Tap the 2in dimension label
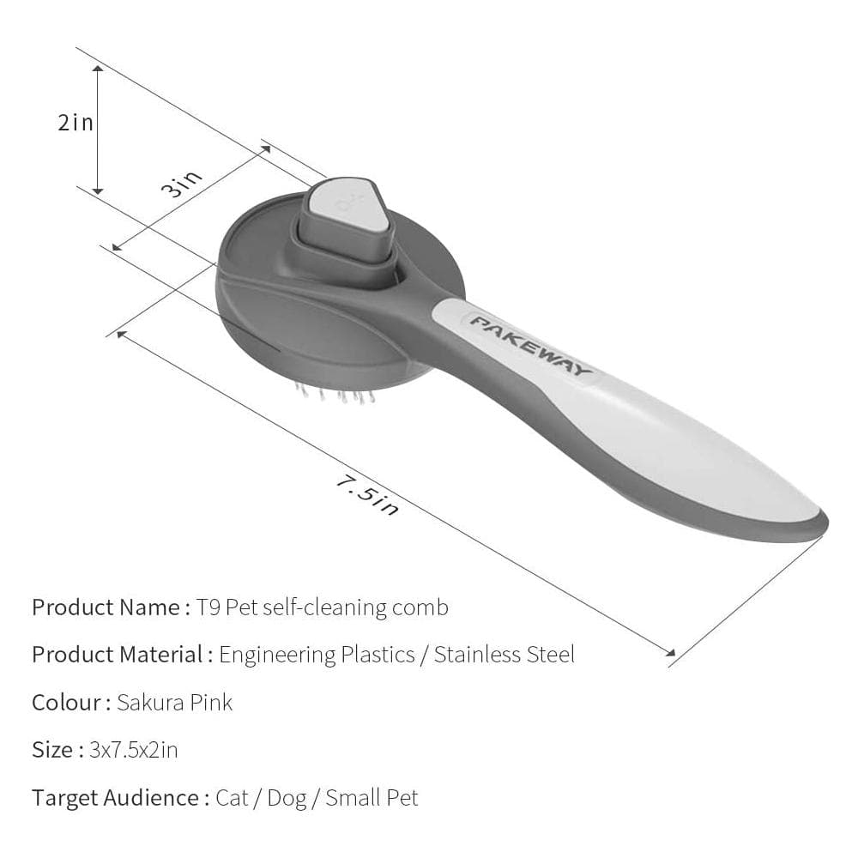click(x=76, y=123)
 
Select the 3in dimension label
click(x=184, y=183)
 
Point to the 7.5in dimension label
click(x=367, y=495)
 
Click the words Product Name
click(x=106, y=607)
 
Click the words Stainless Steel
click(x=504, y=655)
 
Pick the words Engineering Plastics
click(x=317, y=655)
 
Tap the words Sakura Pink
click(x=174, y=703)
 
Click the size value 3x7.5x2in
click(x=134, y=750)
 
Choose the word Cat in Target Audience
click(x=232, y=798)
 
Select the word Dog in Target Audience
click(x=287, y=798)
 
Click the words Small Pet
click(x=372, y=798)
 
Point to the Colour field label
click(x=66, y=703)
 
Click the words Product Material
click(x=118, y=655)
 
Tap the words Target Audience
click(x=116, y=798)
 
